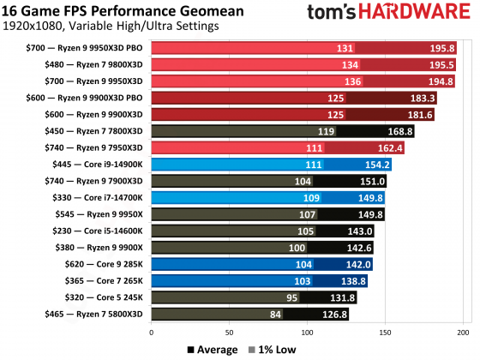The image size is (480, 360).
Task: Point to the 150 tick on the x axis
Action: coord(385,332)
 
